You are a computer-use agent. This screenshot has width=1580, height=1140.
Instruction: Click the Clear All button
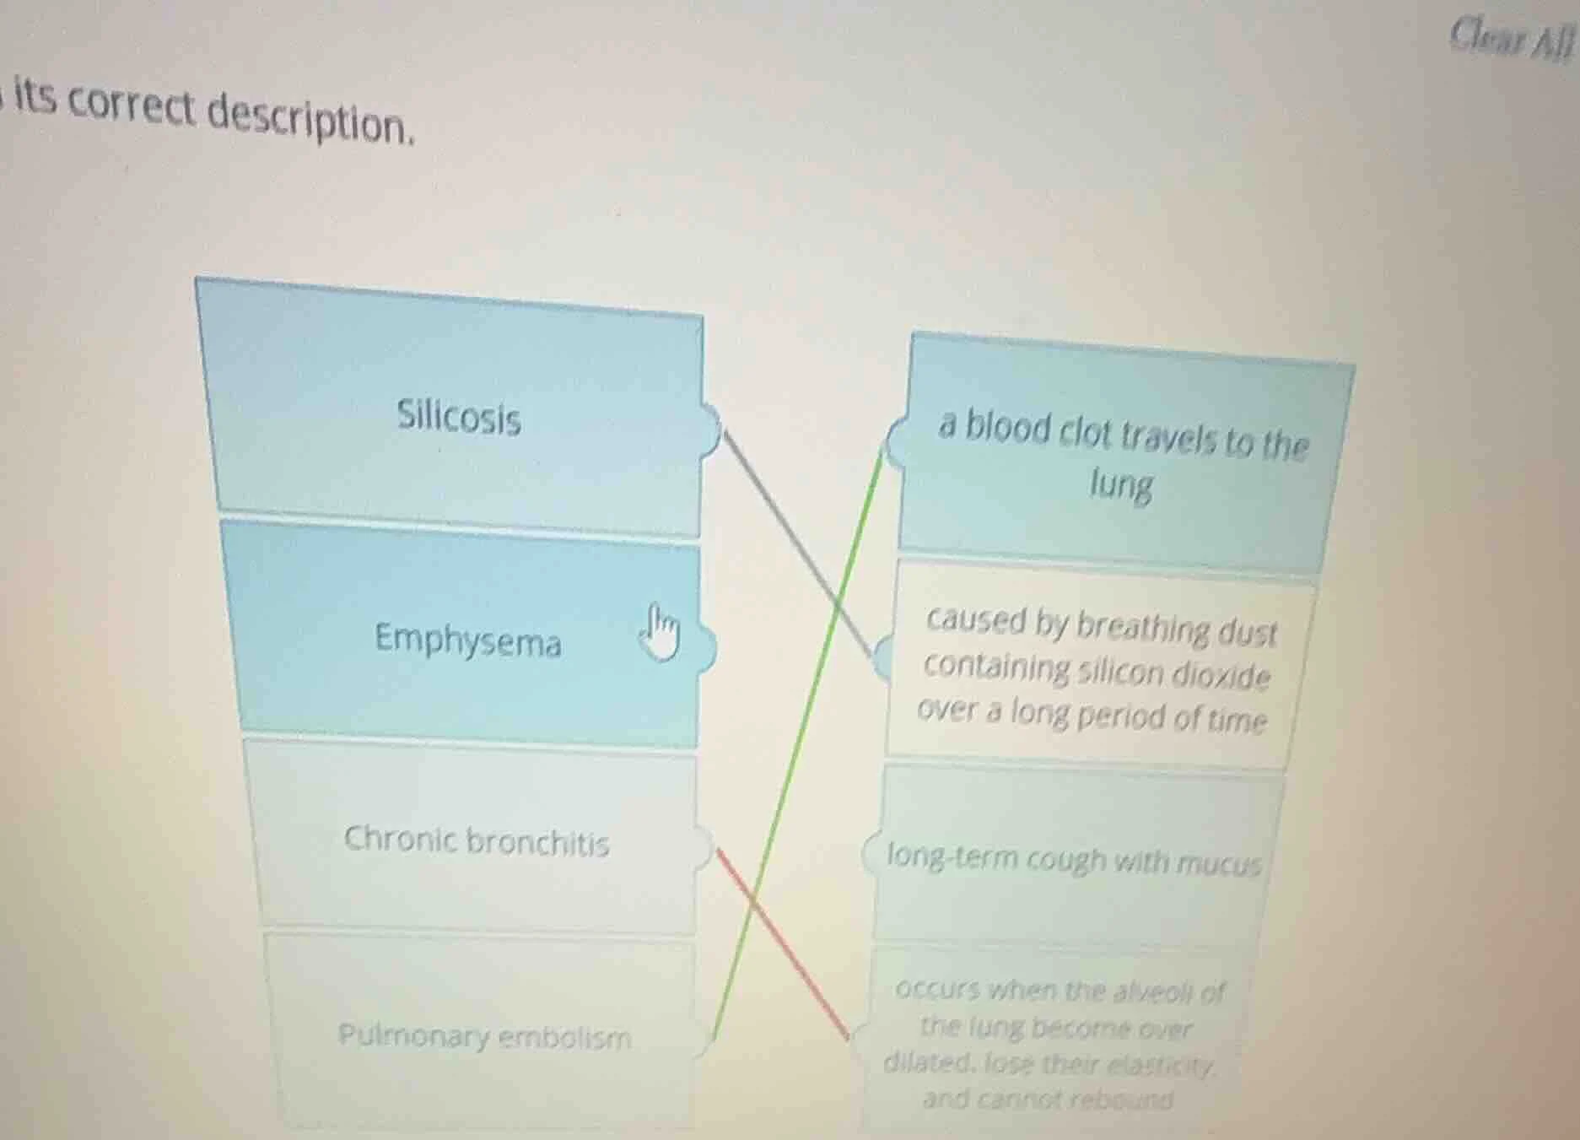coord(1511,39)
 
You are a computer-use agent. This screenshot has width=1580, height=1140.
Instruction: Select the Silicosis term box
coord(458,416)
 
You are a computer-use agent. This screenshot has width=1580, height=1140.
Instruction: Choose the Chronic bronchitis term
coord(476,840)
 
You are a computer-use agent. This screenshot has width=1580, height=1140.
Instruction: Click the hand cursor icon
coord(661,632)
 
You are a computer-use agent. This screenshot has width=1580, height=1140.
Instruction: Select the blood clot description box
coord(1122,457)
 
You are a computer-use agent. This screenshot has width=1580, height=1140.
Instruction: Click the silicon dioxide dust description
coord(1097,670)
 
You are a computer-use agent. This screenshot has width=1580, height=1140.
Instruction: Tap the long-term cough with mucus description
coord(1073,860)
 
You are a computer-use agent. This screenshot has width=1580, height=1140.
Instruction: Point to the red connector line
coord(785,945)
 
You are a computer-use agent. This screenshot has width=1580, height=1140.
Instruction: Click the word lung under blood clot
coord(1120,486)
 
